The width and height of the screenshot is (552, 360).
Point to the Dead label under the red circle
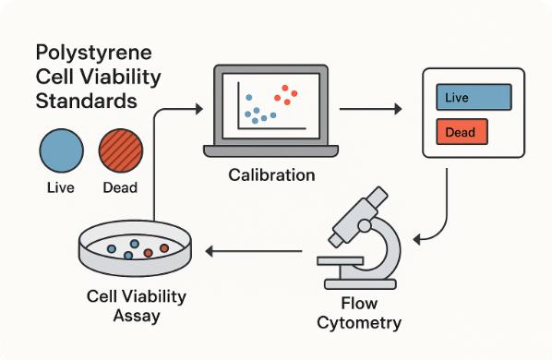pyautogui.click(x=120, y=188)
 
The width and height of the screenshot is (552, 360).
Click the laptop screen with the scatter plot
pyautogui.click(x=270, y=103)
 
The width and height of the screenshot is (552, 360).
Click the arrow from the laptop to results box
pyautogui.click(x=369, y=109)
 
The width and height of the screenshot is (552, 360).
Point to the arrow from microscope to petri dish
pyautogui.click(x=254, y=250)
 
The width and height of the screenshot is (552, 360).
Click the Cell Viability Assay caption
pyautogui.click(x=136, y=306)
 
